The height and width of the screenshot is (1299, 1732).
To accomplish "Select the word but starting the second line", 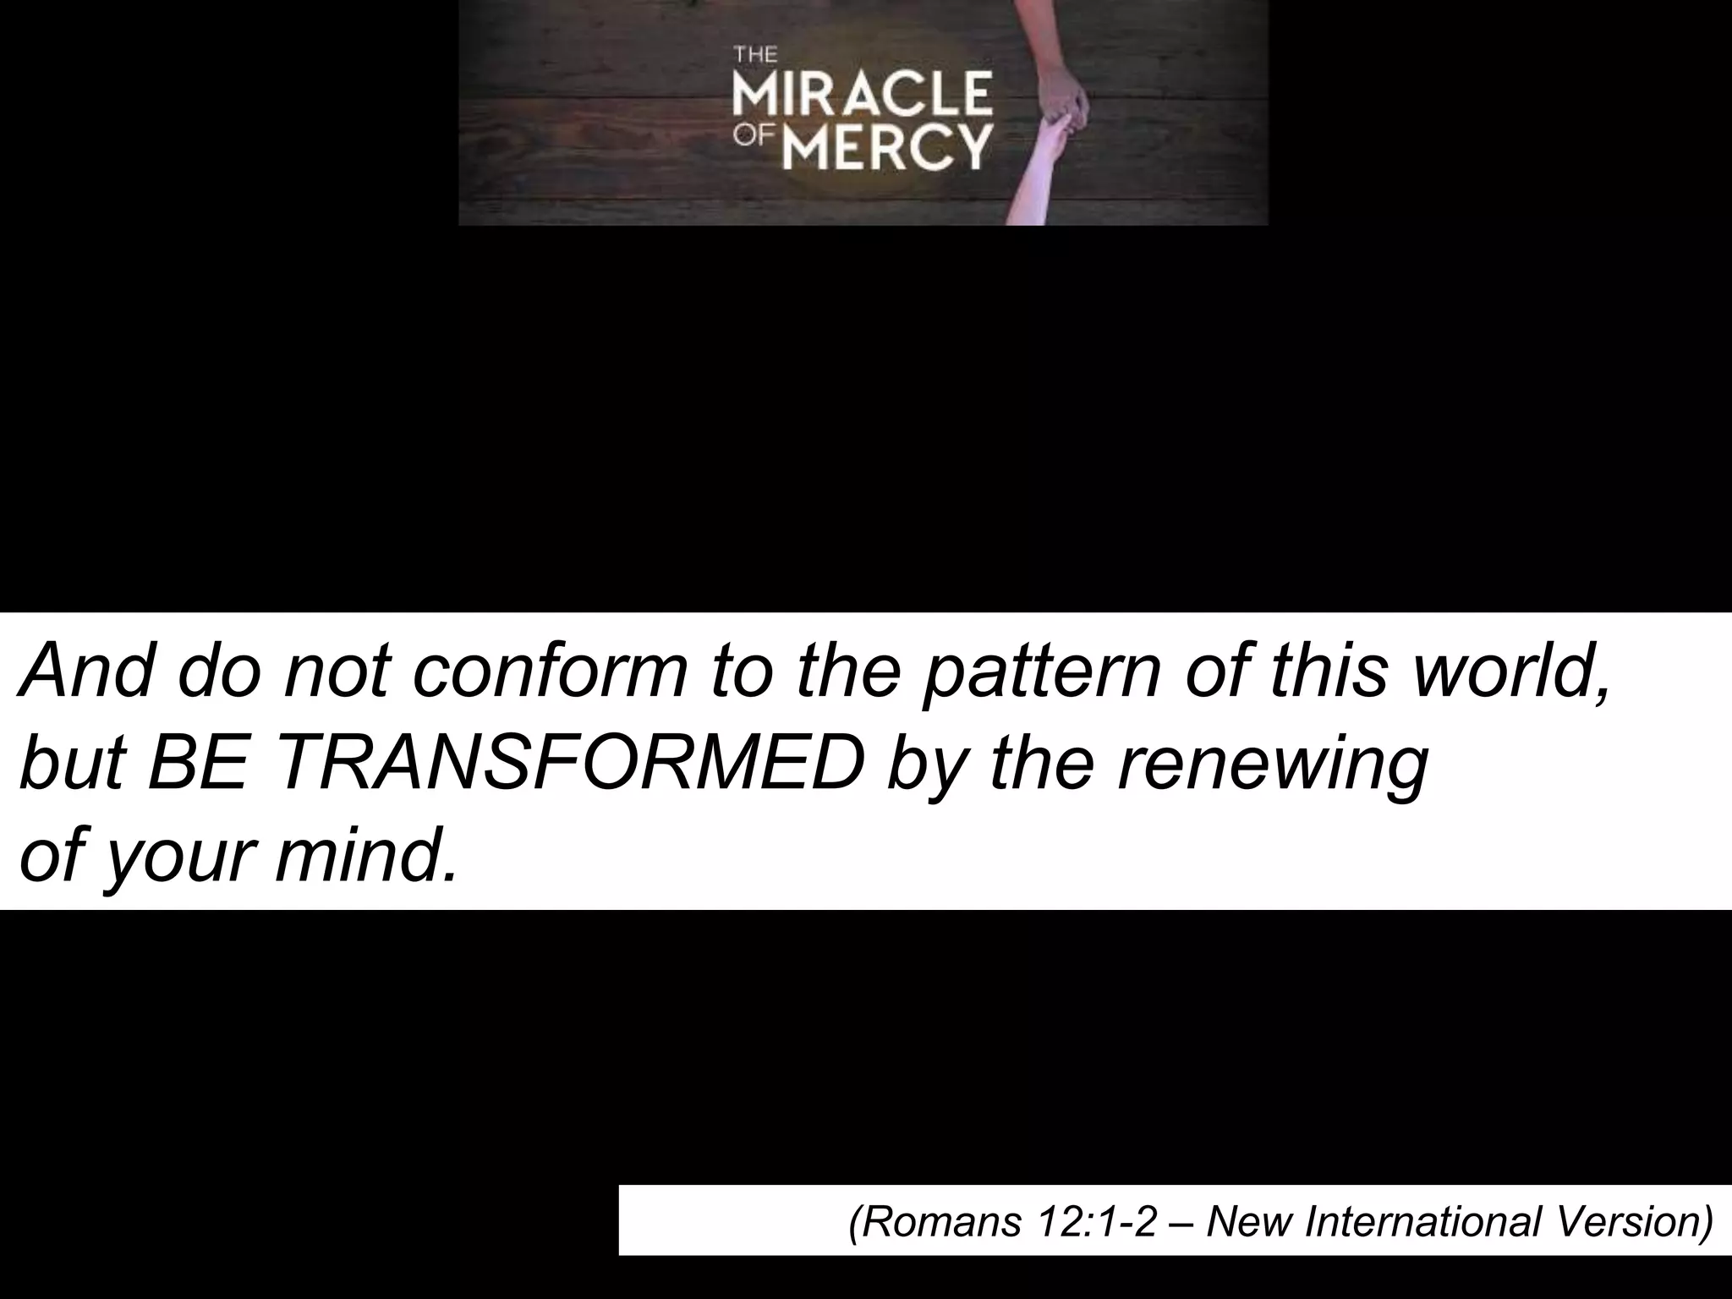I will [71, 765].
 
